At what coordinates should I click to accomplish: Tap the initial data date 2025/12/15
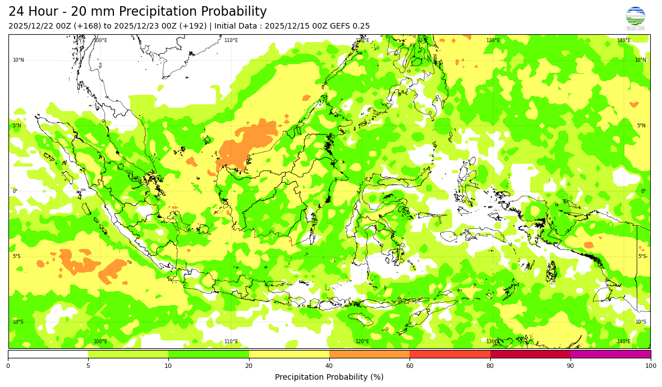(289, 26)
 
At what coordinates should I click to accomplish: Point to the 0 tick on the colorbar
(8, 366)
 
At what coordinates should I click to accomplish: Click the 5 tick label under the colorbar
(88, 366)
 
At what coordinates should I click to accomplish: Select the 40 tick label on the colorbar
(329, 366)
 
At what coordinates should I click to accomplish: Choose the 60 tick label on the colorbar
(410, 366)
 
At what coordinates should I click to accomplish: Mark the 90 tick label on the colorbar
(571, 366)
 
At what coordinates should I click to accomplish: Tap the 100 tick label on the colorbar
(650, 366)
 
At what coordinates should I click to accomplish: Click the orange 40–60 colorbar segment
(369, 354)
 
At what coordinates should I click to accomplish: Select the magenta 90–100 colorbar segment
(610, 354)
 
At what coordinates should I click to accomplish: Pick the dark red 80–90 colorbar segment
(530, 354)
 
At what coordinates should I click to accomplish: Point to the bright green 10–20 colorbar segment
(209, 354)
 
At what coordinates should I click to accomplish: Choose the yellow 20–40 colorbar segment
(289, 354)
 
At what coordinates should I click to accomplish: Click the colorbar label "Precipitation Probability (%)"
(329, 377)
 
